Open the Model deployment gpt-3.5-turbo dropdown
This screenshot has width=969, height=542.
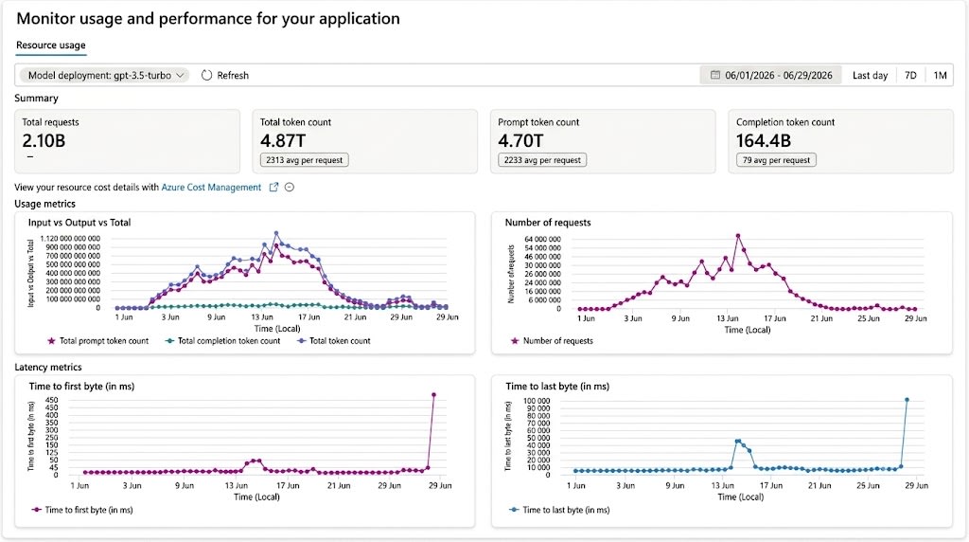pos(105,76)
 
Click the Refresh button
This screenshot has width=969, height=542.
pos(225,76)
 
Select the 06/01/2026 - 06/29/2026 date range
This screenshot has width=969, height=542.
pos(770,76)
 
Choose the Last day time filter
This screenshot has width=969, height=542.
pos(870,76)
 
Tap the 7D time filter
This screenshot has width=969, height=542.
pos(910,76)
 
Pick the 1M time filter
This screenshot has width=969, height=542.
pos(940,76)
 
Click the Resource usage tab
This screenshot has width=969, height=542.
pos(51,45)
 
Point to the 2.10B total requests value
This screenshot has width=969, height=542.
pos(44,141)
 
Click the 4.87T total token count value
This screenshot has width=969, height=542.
pos(283,141)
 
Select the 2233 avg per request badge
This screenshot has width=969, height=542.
pos(542,160)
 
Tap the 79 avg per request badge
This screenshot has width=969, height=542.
pos(776,160)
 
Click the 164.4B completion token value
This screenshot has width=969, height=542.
pos(764,141)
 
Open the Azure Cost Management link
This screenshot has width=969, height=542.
pos(211,188)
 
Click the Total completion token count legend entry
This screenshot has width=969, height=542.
pos(222,341)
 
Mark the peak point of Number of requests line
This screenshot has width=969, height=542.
pos(738,236)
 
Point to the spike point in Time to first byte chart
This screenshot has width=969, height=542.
pos(433,395)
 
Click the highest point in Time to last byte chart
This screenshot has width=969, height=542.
pos(907,400)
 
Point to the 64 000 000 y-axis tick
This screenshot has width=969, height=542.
pos(542,239)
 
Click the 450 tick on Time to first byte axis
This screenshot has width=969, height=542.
pos(51,400)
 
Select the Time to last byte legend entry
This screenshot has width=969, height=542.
pos(559,510)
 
